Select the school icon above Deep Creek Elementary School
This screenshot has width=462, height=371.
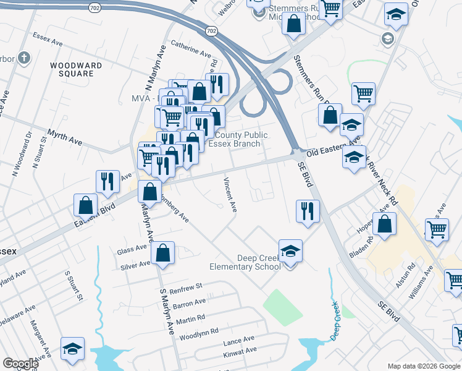(x=290, y=251)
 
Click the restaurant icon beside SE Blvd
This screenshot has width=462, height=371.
(x=307, y=211)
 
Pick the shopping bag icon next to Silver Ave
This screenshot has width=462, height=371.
(x=162, y=254)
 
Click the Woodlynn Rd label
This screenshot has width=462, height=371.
(x=198, y=333)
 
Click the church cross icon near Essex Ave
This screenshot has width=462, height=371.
(x=23, y=59)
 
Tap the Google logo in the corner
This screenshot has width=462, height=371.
(x=20, y=363)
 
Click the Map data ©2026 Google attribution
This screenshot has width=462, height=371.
(x=424, y=366)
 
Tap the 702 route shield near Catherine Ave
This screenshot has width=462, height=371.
(x=212, y=30)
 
